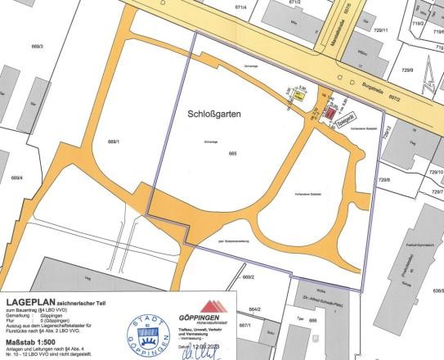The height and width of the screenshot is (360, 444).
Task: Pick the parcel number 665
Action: pyautogui.click(x=232, y=154)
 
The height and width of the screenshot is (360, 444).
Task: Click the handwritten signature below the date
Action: pyautogui.click(x=209, y=354)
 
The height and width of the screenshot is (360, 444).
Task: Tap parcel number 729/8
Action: pyautogui.click(x=383, y=180)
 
